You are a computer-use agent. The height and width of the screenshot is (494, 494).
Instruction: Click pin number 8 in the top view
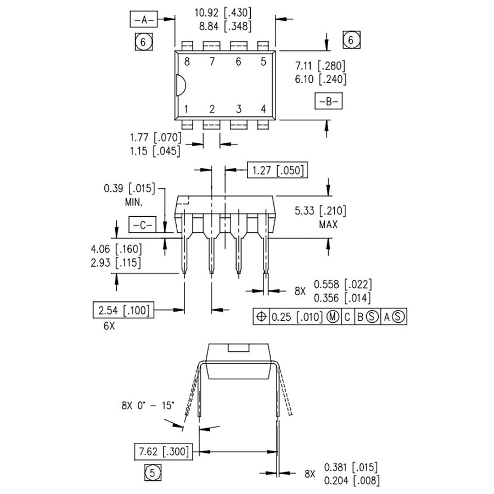[187, 62]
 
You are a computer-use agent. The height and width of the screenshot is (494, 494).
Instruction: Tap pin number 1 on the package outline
[187, 109]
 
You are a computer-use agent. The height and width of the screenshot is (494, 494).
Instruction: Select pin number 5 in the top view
[263, 62]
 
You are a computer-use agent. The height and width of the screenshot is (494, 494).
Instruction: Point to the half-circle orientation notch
[180, 86]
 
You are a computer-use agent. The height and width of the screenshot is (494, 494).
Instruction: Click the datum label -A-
[144, 20]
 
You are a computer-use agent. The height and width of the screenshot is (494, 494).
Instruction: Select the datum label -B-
[328, 102]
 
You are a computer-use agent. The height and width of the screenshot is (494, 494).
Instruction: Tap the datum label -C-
[142, 224]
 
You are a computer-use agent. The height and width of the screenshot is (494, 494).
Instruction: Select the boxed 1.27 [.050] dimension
[277, 170]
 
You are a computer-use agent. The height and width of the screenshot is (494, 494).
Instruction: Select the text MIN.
[134, 202]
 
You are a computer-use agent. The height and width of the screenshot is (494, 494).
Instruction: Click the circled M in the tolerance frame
[333, 317]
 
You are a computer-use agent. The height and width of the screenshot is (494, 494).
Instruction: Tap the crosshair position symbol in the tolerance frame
[261, 317]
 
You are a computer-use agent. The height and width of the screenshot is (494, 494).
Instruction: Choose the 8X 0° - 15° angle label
[148, 406]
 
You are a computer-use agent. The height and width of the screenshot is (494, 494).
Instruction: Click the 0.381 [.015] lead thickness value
[351, 468]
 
